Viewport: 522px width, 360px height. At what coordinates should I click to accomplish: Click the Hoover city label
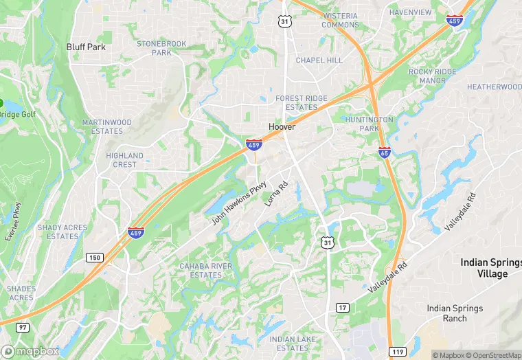coord(282,127)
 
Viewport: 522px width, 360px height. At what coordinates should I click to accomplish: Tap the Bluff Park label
coord(86,47)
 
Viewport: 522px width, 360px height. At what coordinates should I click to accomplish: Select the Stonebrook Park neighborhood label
coord(161,47)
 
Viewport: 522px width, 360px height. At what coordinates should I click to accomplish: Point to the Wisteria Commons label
coord(340,20)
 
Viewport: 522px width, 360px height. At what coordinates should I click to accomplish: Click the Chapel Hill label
coord(319,60)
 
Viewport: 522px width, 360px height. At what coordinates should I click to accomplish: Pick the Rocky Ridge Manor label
coord(432,76)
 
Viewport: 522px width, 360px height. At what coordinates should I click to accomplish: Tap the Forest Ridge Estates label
coord(302,103)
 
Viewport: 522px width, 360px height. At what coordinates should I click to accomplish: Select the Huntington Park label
coord(370,124)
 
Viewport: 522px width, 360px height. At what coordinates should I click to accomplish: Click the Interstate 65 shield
coord(385,152)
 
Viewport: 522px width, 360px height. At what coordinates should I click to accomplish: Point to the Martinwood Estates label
coord(106,126)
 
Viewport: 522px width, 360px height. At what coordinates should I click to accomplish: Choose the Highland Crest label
coord(125,160)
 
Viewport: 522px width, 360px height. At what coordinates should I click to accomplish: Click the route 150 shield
coord(94,257)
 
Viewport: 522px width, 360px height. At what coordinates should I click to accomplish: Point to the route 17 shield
coord(342,307)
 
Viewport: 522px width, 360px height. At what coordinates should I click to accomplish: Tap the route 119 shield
coord(397,352)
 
